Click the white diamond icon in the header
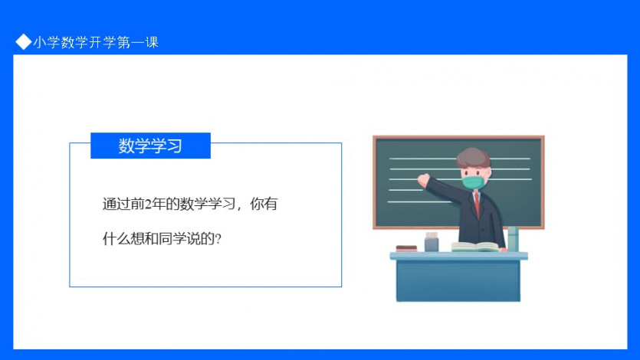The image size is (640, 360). coord(23,41)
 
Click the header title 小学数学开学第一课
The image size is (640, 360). coord(96,42)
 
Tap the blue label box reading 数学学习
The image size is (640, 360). coord(150,146)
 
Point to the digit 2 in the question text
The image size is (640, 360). coord(148,204)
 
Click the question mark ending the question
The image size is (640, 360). coord(218,239)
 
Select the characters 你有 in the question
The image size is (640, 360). coord(264,204)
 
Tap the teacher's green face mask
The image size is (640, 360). coord(474,182)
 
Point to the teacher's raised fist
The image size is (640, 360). coord(423,180)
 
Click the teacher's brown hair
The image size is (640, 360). coord(474,157)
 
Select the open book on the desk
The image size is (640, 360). coord(475,247)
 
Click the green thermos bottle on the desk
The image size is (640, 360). coord(513,239)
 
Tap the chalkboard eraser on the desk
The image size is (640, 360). coord(406,248)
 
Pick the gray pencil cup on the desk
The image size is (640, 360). coord(432,242)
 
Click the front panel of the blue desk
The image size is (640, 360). coord(458,280)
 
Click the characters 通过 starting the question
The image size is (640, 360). coord(117,204)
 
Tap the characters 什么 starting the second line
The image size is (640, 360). coord(117,239)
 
